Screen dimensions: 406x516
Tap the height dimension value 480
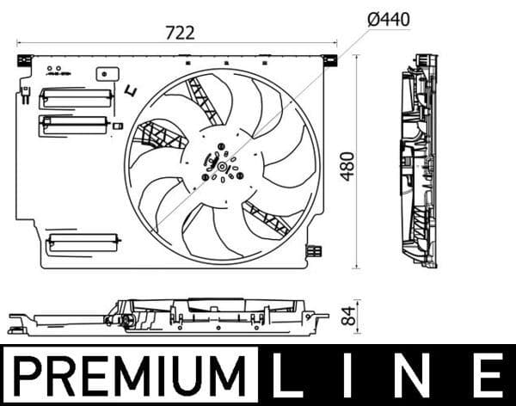tap(347, 163)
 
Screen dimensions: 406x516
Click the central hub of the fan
tap(222, 166)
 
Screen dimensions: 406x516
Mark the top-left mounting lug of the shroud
tap(24, 60)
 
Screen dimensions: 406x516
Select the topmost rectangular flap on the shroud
tap(76, 97)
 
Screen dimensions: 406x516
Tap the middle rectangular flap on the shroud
tap(72, 126)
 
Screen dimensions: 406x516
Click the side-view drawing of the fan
tap(419, 161)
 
